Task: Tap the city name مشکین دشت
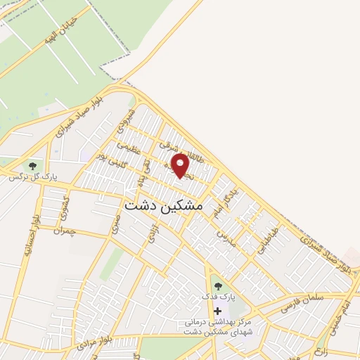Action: tap(163, 206)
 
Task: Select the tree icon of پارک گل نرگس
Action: tap(32, 165)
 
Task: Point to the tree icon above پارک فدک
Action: tap(217, 286)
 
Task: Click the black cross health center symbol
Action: tap(217, 311)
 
